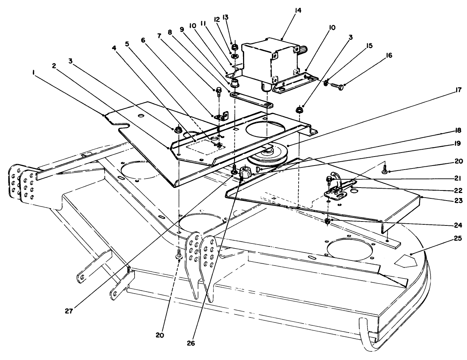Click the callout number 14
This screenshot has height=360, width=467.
pyautogui.click(x=298, y=10)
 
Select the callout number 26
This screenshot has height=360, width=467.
pyautogui.click(x=191, y=343)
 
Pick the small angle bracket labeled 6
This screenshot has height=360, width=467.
pyautogui.click(x=221, y=117)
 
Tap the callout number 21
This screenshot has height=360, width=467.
pyautogui.click(x=457, y=178)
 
